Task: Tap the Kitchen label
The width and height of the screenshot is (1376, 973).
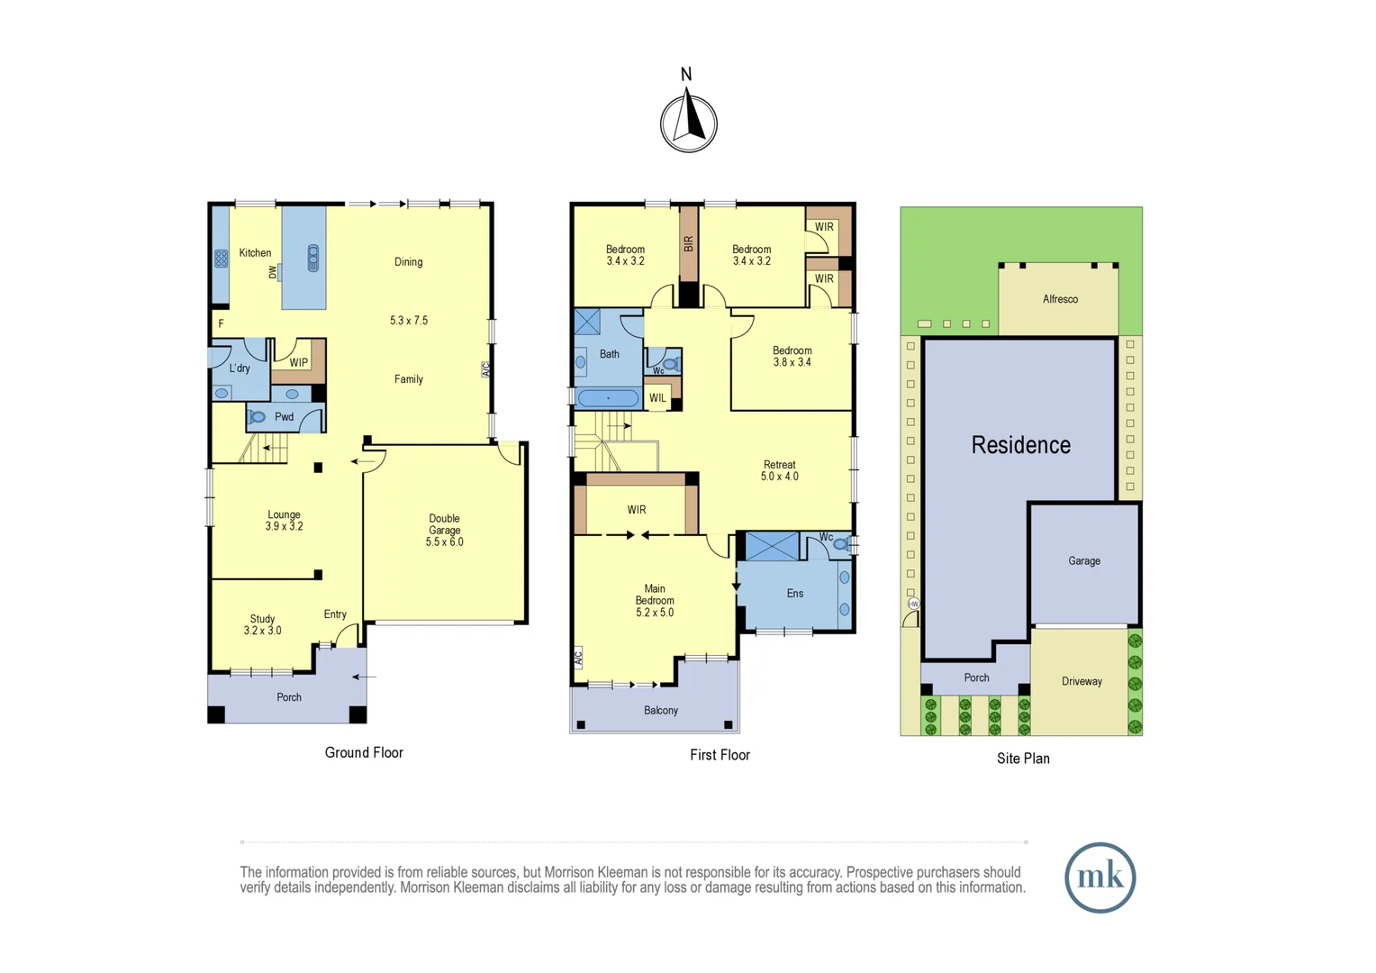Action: pos(255,253)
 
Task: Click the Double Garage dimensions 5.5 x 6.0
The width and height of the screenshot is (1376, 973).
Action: pos(445,542)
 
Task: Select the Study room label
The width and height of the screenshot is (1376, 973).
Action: pos(262,620)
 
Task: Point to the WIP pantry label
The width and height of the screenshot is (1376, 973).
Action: pos(298,363)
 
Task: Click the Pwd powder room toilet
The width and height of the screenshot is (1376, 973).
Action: pos(258,417)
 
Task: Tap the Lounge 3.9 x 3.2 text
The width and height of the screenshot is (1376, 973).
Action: pos(284,521)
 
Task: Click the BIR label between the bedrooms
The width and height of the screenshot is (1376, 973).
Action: pos(689,244)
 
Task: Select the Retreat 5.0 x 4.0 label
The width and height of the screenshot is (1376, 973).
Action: pos(780,471)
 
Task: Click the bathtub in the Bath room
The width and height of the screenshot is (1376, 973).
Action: pos(609,398)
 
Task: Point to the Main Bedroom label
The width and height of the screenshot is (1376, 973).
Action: pos(655,601)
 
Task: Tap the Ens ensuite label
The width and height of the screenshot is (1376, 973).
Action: pos(795,594)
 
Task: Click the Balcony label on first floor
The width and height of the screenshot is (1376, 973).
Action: pos(661,711)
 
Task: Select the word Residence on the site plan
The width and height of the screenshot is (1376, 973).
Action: pos(1020,445)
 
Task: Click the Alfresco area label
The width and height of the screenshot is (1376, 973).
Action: pos(1060,299)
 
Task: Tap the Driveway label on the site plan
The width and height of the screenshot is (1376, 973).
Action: pos(1082,682)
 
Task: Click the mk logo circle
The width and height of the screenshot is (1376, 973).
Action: pos(1100,878)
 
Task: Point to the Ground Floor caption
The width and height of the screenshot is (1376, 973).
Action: pos(364,753)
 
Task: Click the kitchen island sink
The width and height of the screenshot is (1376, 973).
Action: pos(313,259)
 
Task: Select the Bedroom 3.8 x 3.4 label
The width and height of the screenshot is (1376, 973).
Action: pos(792,357)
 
